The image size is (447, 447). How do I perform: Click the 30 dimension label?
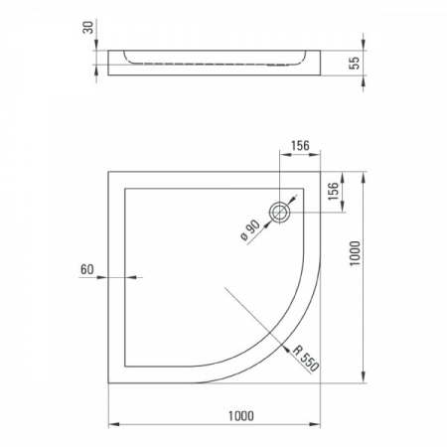click(x=88, y=27)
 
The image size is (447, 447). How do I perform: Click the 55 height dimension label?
click(x=355, y=63)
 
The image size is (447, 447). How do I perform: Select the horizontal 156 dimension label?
click(x=300, y=146)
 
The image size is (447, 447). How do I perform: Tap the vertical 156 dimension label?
click(x=334, y=191)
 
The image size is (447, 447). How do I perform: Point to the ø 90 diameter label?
click(x=250, y=230)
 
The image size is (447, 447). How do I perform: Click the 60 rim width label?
click(x=87, y=269)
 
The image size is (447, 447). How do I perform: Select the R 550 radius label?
click(x=305, y=359)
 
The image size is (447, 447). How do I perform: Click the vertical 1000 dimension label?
click(x=355, y=253)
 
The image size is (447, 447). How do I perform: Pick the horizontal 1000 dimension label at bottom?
click(x=241, y=416)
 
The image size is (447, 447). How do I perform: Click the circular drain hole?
click(x=280, y=212)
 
